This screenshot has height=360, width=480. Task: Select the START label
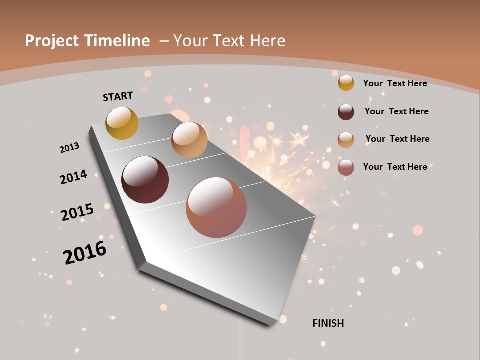click(x=118, y=96)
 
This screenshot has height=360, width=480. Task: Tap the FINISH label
click(x=328, y=323)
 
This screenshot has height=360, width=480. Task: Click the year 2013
click(x=69, y=148)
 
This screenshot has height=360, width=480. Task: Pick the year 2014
click(x=73, y=177)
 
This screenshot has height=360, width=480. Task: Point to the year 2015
click(x=77, y=212)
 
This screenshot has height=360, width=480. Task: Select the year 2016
click(x=85, y=253)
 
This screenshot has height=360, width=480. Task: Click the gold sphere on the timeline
click(x=122, y=123)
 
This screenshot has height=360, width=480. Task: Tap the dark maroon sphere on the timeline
click(x=145, y=180)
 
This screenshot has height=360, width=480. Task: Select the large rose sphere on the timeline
click(x=216, y=207)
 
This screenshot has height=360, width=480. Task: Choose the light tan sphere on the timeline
click(x=189, y=140)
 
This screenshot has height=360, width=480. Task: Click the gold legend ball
click(x=346, y=83)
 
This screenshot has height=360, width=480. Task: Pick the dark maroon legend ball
click(x=346, y=112)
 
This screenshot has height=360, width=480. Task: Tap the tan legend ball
click(x=346, y=140)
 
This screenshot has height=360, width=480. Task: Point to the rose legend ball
click(x=346, y=167)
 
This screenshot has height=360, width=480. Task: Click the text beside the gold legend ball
click(x=395, y=83)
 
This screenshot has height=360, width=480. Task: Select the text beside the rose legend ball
click(x=395, y=167)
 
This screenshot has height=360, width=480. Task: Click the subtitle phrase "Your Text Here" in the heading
click(x=229, y=41)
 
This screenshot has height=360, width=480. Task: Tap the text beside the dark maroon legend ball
click(x=396, y=111)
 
